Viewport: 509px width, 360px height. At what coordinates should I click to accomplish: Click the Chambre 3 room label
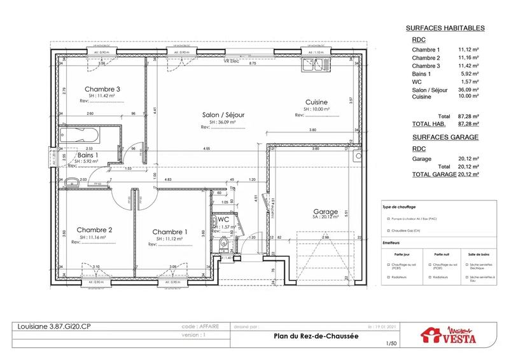[x=102, y=89]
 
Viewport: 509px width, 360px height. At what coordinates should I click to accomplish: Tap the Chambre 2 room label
[x=94, y=230]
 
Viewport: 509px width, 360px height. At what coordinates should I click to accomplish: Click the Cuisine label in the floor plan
[x=316, y=102]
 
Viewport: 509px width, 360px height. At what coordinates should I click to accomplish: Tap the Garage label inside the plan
[x=325, y=211]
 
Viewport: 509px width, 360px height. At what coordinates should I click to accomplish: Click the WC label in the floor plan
[x=224, y=219]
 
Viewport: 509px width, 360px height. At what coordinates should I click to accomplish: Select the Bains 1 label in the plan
[x=88, y=155]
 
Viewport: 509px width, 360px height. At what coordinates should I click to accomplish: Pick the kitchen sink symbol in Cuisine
[x=314, y=65]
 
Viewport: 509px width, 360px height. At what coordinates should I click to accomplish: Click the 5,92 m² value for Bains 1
[x=467, y=74]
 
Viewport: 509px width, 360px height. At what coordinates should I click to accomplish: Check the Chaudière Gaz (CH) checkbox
[x=387, y=231]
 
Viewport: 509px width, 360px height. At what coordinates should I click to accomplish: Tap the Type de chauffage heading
[x=399, y=207]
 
